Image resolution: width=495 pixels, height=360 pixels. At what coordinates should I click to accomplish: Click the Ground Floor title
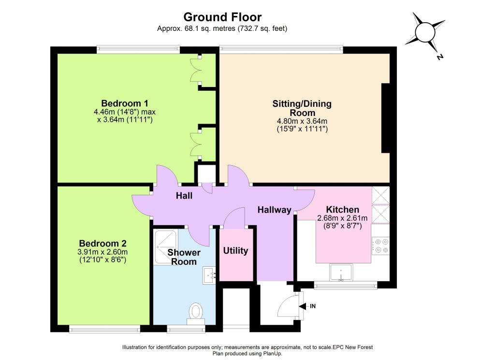[x=222, y=17]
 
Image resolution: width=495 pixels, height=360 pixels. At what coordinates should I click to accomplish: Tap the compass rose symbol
[x=425, y=32]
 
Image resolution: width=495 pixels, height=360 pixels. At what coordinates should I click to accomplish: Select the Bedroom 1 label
[x=125, y=103]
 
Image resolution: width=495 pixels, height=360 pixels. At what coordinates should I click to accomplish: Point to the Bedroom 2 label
[x=102, y=243]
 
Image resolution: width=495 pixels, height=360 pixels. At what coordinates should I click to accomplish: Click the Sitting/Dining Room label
[x=302, y=108]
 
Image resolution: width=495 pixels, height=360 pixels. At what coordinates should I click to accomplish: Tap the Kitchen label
[x=343, y=210]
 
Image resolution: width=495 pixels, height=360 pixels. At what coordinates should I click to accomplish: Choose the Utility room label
[x=235, y=251]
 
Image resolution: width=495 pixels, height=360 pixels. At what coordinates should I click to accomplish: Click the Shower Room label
[x=184, y=257]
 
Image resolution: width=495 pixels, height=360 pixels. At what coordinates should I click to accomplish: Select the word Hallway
[x=275, y=210]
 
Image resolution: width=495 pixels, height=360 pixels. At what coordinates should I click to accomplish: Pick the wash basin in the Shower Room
[x=209, y=275]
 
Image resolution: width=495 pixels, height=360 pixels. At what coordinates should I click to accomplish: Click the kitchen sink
[x=341, y=272]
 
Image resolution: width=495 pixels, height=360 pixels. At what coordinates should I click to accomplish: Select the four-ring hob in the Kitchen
[x=380, y=246]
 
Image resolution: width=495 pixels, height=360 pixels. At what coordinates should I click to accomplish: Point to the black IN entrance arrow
[x=302, y=306]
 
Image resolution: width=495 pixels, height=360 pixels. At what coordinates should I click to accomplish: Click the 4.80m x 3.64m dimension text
[x=302, y=121]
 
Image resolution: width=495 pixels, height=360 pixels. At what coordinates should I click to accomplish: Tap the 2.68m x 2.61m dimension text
[x=343, y=218]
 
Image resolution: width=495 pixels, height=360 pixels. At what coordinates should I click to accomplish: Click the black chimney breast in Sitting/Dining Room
[x=385, y=118]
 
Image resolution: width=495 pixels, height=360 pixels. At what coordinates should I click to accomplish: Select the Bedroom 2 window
[x=104, y=330]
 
